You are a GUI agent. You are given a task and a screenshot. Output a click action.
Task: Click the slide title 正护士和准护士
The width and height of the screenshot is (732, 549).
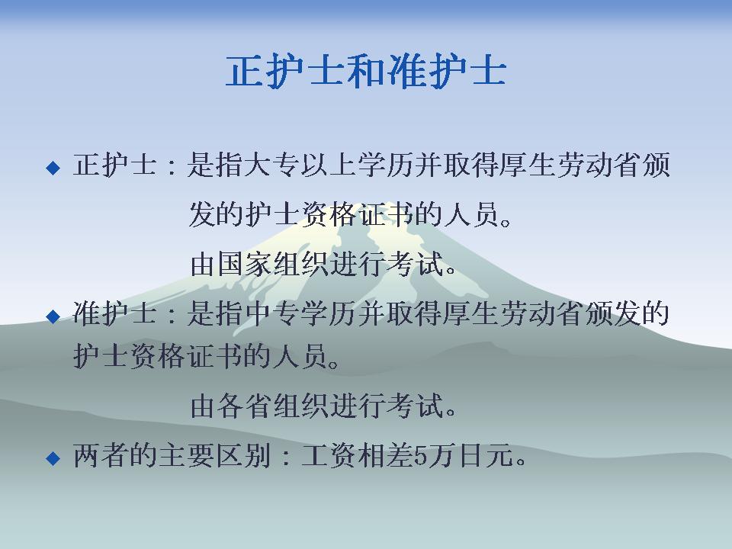[366, 72]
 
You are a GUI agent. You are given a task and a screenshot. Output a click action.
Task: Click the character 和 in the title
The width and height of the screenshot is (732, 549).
[367, 72]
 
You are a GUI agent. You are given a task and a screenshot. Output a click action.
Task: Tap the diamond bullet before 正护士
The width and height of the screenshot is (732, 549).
[53, 168]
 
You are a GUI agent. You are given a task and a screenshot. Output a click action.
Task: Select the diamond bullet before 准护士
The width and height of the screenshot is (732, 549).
[53, 316]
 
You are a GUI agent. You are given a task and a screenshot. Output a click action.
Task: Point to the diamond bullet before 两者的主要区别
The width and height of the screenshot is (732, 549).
[53, 458]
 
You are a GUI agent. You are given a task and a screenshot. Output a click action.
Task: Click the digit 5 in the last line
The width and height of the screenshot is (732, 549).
[421, 455]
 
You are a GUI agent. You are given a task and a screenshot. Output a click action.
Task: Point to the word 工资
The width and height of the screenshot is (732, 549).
[330, 455]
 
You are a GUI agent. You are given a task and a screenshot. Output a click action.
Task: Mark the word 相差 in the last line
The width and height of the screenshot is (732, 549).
[387, 455]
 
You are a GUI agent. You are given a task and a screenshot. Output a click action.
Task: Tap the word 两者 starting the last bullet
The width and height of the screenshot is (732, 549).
[101, 455]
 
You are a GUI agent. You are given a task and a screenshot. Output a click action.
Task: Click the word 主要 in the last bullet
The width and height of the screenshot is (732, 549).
[186, 455]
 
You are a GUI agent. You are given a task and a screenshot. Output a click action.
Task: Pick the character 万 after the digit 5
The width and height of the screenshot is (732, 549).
[442, 455]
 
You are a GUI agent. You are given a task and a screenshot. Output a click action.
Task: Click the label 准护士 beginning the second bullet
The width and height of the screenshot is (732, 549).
[115, 313]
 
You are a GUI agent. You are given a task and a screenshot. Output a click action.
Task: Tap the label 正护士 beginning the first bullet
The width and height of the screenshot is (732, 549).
[115, 165]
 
